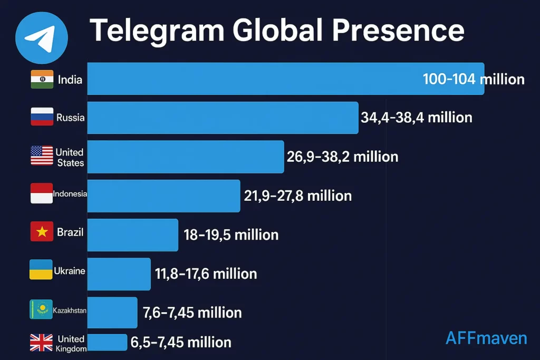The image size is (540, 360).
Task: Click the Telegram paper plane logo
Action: (x=42, y=38)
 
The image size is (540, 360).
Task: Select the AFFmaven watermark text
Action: (x=486, y=338)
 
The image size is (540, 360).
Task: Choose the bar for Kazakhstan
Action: (x=112, y=312)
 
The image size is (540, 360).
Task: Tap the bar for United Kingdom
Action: (x=107, y=342)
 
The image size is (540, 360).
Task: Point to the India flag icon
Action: (x=42, y=79)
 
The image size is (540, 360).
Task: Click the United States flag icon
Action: (x=42, y=156)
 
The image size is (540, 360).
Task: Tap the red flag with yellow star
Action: (x=42, y=232)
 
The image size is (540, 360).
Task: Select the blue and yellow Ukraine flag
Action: (x=41, y=270)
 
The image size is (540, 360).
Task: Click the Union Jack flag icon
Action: (x=41, y=343)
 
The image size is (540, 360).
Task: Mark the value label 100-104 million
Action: (x=474, y=79)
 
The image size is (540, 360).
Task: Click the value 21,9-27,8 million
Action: (x=297, y=196)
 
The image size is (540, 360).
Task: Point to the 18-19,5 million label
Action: (x=231, y=235)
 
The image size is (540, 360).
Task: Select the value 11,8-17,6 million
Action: (x=206, y=274)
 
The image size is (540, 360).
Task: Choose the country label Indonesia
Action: (x=70, y=194)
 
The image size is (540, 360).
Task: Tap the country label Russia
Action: (x=71, y=118)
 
